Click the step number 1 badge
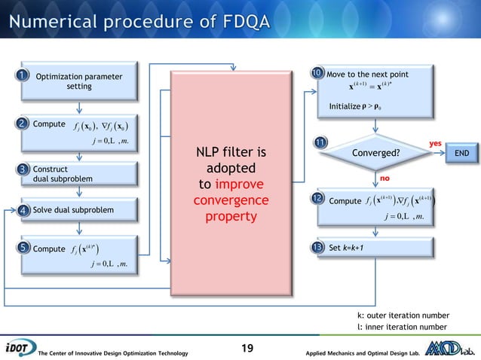pos(23,75)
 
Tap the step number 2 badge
pos(23,123)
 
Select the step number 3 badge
pos(23,169)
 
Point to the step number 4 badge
pos(23,209)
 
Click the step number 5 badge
pos(23,248)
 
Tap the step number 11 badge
pos(321,143)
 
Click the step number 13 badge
pos(317,247)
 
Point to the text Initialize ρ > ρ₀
pos(361,106)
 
